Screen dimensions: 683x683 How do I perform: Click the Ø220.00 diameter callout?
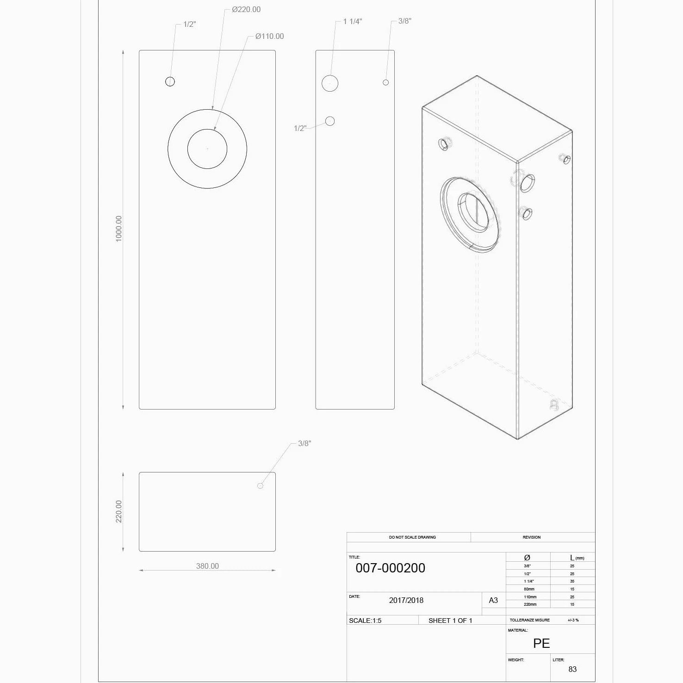click(x=246, y=9)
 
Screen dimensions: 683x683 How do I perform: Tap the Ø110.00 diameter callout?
click(x=269, y=36)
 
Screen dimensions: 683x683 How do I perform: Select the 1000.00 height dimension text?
click(x=119, y=229)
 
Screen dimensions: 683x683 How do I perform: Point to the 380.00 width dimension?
click(x=207, y=566)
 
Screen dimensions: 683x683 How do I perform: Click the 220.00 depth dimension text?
click(x=119, y=511)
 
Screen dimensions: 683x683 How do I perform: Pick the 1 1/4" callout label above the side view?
click(x=353, y=21)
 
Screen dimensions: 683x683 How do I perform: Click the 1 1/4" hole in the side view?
click(x=330, y=83)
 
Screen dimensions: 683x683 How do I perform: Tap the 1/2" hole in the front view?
click(x=170, y=81)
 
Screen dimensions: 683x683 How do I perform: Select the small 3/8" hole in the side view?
click(x=386, y=82)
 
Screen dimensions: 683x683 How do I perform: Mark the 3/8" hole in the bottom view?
click(x=260, y=485)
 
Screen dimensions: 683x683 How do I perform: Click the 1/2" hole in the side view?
click(x=330, y=121)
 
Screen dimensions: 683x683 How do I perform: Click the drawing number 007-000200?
click(x=390, y=568)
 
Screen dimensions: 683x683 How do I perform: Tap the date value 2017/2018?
click(x=406, y=600)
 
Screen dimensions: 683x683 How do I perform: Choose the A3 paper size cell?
click(x=493, y=600)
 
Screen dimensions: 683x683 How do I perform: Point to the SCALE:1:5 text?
click(x=365, y=621)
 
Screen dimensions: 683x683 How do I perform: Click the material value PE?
click(x=541, y=643)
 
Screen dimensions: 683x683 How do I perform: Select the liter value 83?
click(x=572, y=669)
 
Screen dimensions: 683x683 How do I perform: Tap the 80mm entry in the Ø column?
click(x=529, y=589)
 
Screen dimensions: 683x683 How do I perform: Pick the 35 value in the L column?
click(x=572, y=581)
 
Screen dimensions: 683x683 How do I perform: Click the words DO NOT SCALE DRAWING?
click(x=412, y=537)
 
